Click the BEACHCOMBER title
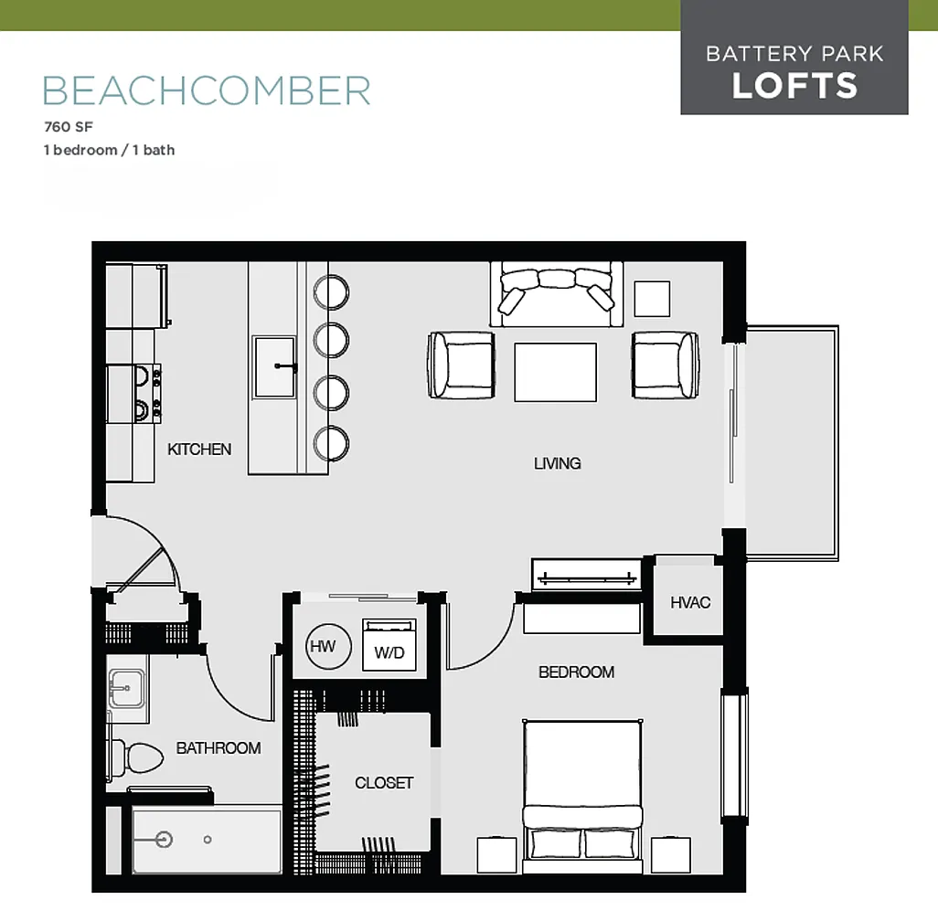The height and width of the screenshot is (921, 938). (207, 90)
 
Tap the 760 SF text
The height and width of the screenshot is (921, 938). (69, 127)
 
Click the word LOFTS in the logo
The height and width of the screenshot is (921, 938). (794, 86)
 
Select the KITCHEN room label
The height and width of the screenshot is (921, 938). (199, 450)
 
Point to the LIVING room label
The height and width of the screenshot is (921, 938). (557, 463)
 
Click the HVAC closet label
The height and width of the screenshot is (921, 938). (690, 602)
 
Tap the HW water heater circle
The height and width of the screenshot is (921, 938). (328, 646)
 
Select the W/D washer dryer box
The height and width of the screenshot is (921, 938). (389, 645)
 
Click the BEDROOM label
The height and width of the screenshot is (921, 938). (576, 672)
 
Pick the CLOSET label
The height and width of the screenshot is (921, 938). (384, 783)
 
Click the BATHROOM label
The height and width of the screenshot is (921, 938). (219, 748)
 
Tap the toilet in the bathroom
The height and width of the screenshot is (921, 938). (137, 758)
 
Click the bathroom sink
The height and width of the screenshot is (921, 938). (126, 689)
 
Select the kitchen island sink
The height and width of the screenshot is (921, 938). (275, 366)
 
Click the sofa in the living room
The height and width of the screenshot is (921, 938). (557, 294)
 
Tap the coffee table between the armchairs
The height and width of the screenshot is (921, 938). (555, 372)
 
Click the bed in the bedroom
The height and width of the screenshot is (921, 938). (582, 797)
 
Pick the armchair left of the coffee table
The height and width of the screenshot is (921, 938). (461, 365)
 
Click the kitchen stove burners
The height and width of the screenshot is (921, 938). (143, 394)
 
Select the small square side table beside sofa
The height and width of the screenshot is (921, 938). (652, 299)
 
